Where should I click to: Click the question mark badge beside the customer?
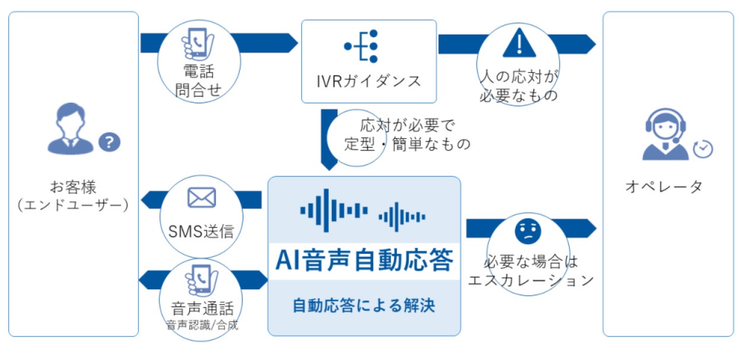pyautogui.click(x=110, y=142)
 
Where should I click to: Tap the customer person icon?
pyautogui.click(x=71, y=129)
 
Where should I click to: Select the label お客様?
pyautogui.click(x=73, y=187)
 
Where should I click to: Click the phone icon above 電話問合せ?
pyautogui.click(x=198, y=44)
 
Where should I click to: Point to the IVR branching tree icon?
pyautogui.click(x=361, y=46)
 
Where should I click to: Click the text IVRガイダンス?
pyautogui.click(x=369, y=81)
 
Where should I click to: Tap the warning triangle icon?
pyautogui.click(x=519, y=43)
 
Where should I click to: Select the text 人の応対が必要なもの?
pyautogui.click(x=519, y=86)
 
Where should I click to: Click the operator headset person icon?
pyautogui.click(x=666, y=135)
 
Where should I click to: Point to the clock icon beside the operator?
pyautogui.click(x=703, y=149)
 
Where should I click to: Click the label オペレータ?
pyautogui.click(x=664, y=187)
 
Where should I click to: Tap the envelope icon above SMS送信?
pyautogui.click(x=202, y=197)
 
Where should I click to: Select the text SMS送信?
pyautogui.click(x=201, y=231)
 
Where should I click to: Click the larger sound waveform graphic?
pyautogui.click(x=334, y=211)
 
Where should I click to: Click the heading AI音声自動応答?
pyautogui.click(x=364, y=260)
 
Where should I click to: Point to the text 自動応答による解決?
pyautogui.click(x=364, y=305)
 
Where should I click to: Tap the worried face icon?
pyautogui.click(x=528, y=231)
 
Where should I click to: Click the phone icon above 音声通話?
pyautogui.click(x=202, y=281)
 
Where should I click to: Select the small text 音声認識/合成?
pyautogui.click(x=202, y=325)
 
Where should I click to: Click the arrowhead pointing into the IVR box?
pyautogui.click(x=294, y=43)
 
